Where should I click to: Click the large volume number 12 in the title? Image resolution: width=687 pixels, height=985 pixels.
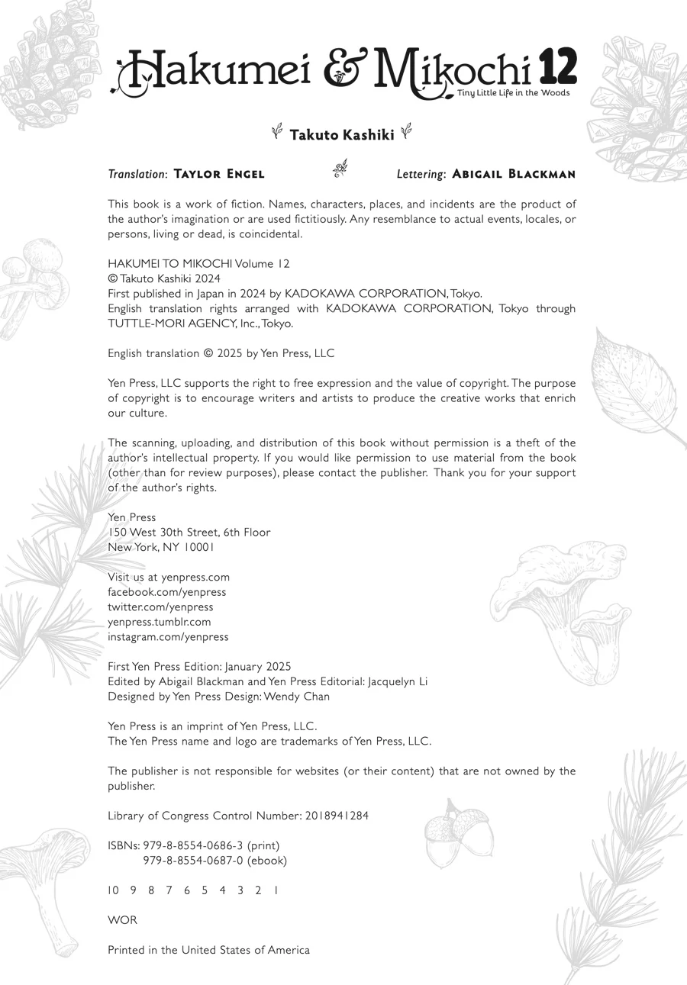(x=558, y=67)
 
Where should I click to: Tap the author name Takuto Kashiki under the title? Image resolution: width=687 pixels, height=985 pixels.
(x=342, y=135)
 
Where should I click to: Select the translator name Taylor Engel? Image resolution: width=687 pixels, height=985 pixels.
(x=219, y=174)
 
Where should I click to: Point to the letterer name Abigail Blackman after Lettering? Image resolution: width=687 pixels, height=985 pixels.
(x=514, y=174)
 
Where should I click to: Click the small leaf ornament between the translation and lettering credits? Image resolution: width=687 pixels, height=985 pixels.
(x=340, y=169)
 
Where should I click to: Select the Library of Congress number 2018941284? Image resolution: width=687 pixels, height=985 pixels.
(x=337, y=816)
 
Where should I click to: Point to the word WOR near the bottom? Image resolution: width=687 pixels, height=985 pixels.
(x=122, y=920)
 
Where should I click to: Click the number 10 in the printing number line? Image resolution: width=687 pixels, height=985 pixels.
(x=113, y=890)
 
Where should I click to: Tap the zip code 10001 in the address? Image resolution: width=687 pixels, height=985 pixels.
(x=199, y=547)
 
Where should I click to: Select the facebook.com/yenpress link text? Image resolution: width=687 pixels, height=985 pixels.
(x=166, y=592)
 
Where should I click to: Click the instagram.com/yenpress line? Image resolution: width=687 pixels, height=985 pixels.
(x=168, y=636)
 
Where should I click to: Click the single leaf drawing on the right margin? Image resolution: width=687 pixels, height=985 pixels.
(x=635, y=385)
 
